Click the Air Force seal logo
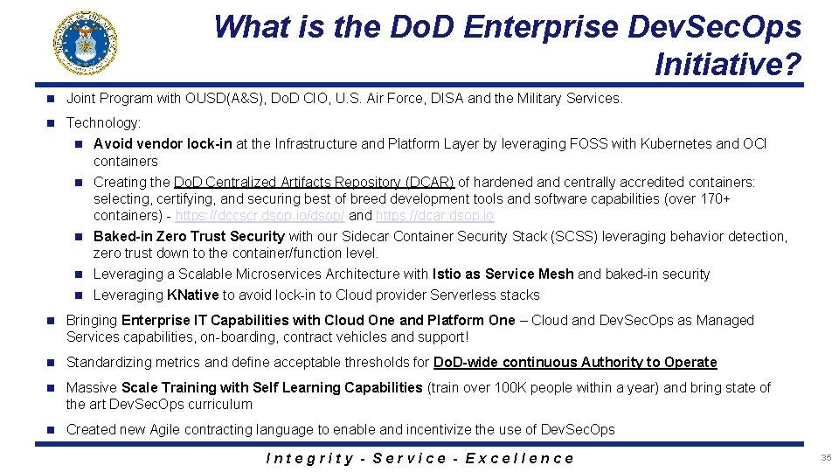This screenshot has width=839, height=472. [86, 43]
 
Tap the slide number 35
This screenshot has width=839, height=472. [826, 458]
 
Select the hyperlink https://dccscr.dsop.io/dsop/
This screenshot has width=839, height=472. [260, 215]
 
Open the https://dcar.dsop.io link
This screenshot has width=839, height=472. [434, 215]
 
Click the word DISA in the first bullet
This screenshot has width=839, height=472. [447, 98]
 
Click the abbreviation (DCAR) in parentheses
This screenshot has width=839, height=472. [429, 182]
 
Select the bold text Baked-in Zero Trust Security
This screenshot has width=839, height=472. [189, 236]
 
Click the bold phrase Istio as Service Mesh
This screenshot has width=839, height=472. [503, 274]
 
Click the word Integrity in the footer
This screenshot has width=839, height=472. [309, 458]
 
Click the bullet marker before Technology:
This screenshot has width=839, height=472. [52, 123]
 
